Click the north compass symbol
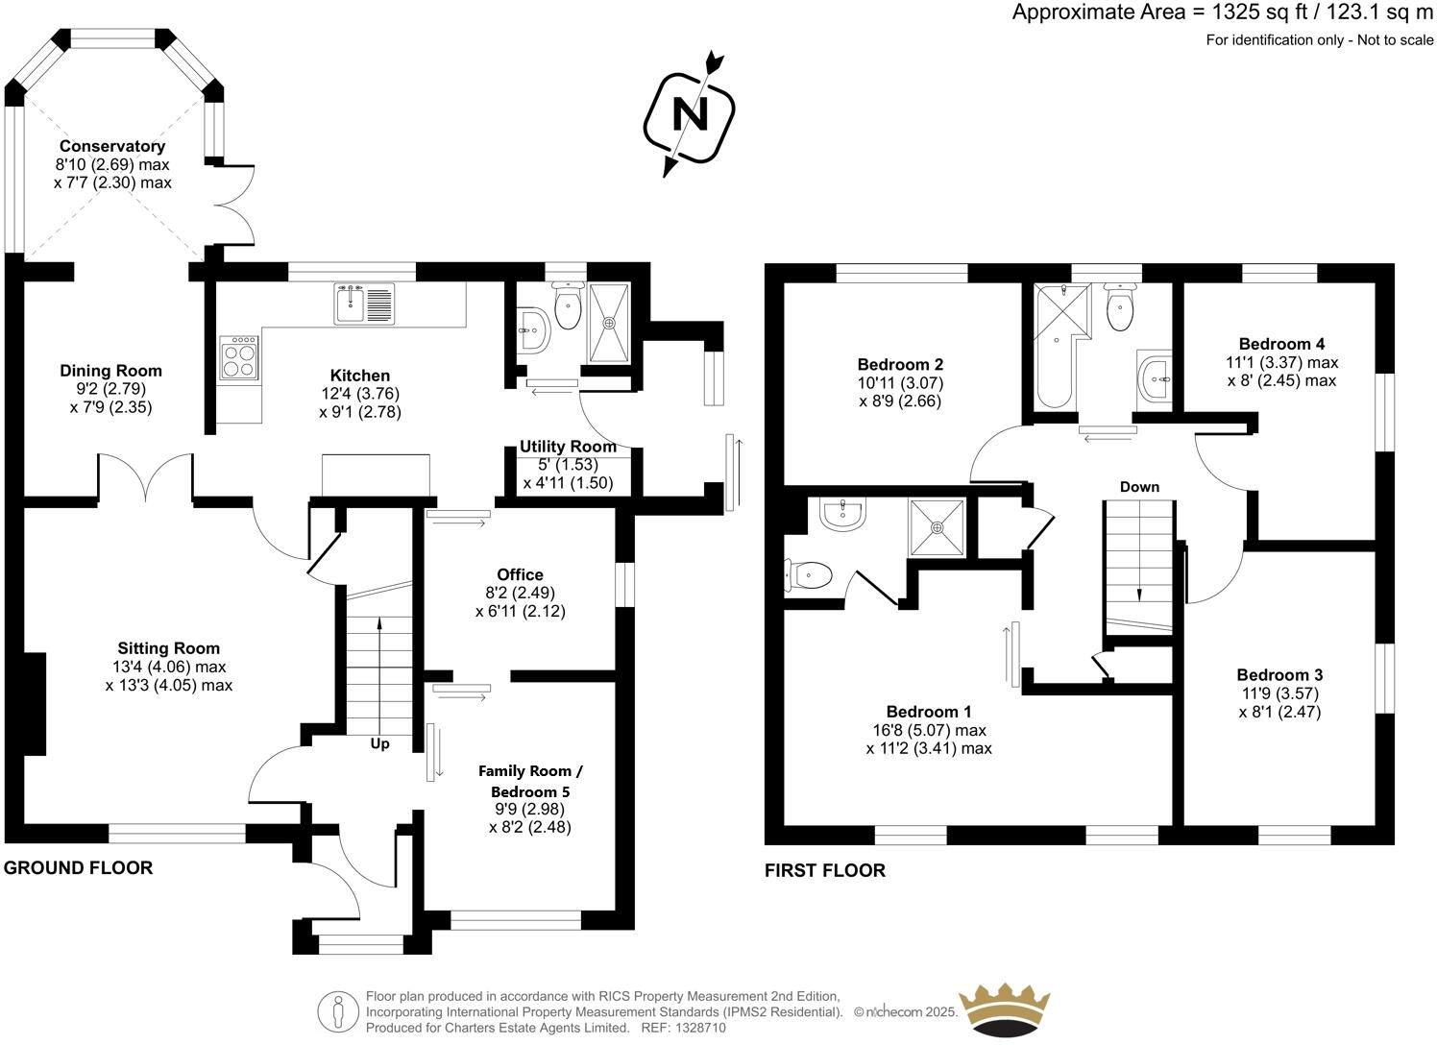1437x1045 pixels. tap(689, 114)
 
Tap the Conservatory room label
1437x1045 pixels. tap(112, 146)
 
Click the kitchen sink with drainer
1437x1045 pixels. tap(364, 304)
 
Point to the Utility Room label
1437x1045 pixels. tap(568, 447)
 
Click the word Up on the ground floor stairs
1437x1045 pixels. tap(380, 743)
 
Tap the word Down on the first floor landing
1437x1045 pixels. tap(1139, 487)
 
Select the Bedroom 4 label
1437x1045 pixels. tap(1281, 344)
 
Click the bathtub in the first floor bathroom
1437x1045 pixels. tap(1054, 360)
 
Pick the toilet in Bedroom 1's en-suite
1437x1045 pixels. tap(808, 576)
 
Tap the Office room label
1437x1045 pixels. tap(520, 574)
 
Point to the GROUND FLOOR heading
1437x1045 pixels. tap(78, 868)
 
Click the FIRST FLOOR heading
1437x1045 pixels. tap(824, 871)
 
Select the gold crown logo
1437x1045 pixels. tap(1007, 1010)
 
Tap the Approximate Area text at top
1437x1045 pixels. tap(1222, 12)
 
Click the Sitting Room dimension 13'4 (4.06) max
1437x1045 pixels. tap(169, 667)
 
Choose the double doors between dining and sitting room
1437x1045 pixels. tap(146, 478)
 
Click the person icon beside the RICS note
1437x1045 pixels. tap(337, 1011)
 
